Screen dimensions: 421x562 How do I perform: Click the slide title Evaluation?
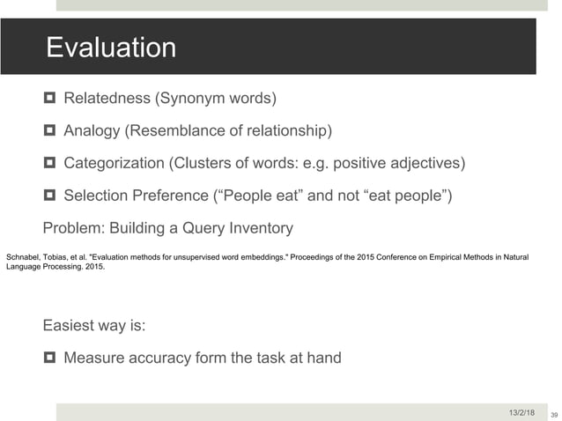pos(111,47)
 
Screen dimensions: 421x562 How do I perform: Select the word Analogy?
pos(92,131)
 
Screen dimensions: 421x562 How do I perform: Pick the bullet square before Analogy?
pos(49,131)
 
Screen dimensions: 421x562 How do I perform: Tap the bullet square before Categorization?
pos(49,163)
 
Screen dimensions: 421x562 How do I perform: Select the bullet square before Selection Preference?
pos(49,196)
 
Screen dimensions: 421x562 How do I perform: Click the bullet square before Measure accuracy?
pos(49,358)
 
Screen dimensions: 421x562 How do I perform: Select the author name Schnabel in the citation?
pos(24,256)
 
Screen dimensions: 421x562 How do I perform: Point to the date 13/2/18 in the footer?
pos(521,411)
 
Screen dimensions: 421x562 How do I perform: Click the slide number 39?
pos(554,414)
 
